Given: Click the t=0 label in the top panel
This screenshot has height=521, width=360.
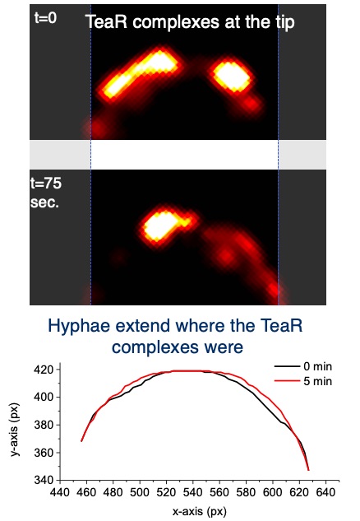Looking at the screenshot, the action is (x=45, y=17).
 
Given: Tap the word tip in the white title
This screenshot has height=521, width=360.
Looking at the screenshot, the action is (x=284, y=22).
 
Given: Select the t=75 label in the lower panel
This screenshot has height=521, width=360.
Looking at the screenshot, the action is (x=46, y=183).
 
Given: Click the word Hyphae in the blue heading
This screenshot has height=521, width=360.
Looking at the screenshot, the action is (x=79, y=326).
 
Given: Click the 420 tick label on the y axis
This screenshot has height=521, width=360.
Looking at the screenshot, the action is (x=44, y=370).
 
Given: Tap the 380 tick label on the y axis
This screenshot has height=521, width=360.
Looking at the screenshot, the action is (x=44, y=425).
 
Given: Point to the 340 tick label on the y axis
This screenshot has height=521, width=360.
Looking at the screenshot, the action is (x=44, y=480).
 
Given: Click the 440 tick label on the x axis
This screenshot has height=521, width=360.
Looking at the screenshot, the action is (x=60, y=492).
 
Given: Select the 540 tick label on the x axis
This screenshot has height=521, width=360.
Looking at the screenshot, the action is (x=193, y=492).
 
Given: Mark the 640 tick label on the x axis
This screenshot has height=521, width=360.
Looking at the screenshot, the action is (x=325, y=492).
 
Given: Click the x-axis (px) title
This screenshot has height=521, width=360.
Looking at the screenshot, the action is (x=199, y=511).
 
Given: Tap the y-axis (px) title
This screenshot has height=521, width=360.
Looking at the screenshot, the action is (x=15, y=430).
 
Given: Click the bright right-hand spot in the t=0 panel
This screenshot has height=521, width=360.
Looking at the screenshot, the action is (x=232, y=76).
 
